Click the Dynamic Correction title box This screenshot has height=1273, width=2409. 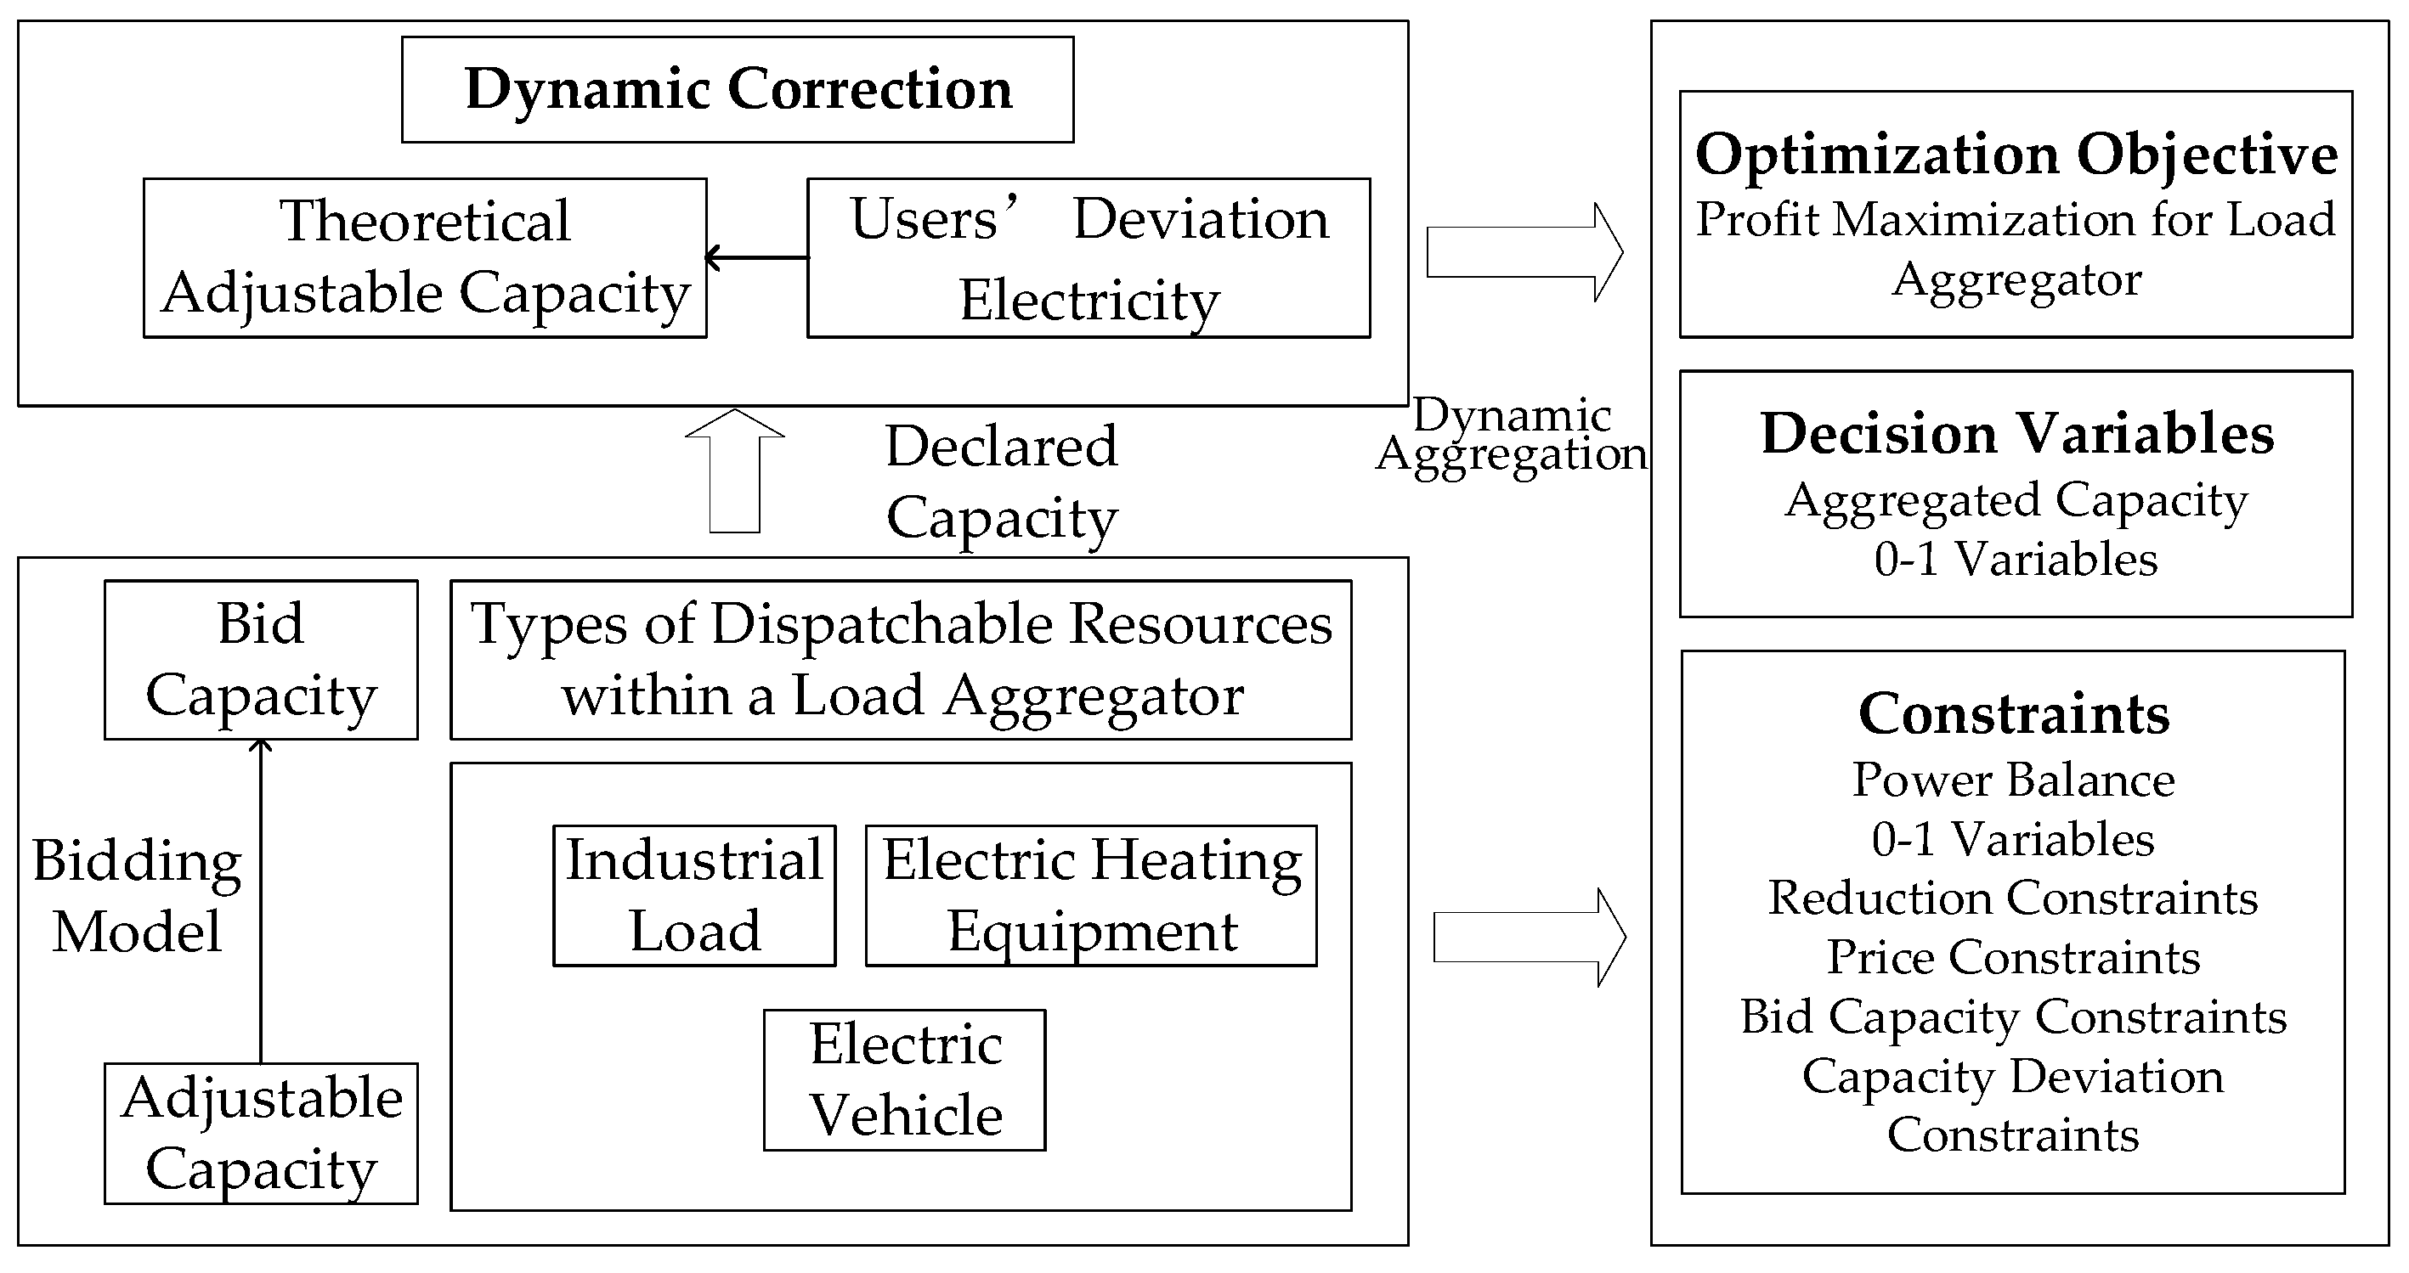coord(737,90)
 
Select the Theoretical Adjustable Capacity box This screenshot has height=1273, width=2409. coord(425,258)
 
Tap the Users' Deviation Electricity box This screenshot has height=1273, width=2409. coord(1089,258)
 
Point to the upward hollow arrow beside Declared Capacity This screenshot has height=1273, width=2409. coord(734,472)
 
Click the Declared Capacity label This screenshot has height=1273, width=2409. coord(1001,482)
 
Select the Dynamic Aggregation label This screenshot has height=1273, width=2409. coord(1511,435)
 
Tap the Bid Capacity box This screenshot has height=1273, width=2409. coord(261,660)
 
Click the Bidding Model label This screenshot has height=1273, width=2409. coord(137,895)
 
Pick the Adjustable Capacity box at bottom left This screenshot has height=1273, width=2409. coord(261,1133)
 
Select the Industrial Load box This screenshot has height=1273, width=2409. coord(694,895)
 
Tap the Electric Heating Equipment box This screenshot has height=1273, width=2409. coord(1090,895)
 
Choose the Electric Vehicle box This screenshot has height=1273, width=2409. coord(904,1079)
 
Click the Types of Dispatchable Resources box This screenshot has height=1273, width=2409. coord(901,660)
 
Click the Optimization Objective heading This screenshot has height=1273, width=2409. coord(2016,155)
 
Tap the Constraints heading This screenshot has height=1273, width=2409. coord(2013,714)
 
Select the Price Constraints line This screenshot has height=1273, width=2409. coord(2013,957)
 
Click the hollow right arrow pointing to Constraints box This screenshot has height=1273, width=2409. coord(1529,938)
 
